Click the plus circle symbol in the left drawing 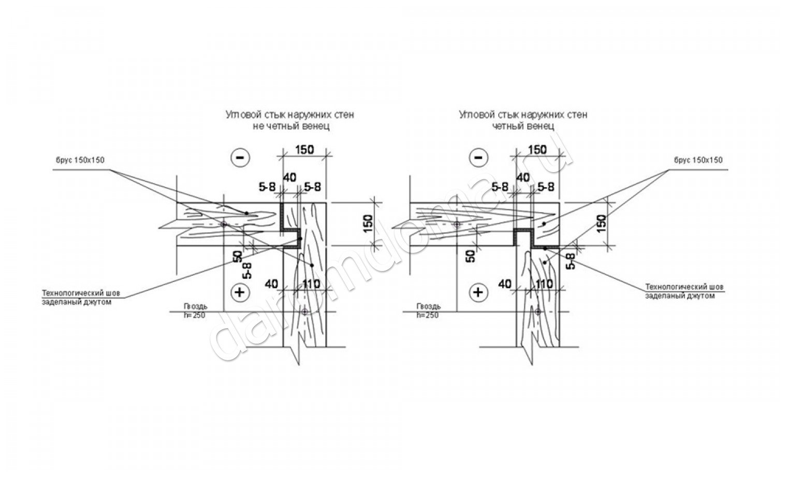(240, 292)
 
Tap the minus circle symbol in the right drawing (478, 157)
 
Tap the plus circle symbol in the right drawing (478, 292)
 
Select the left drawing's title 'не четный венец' (290, 126)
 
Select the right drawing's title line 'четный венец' (523, 126)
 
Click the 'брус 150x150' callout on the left (80, 160)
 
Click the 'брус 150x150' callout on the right (698, 160)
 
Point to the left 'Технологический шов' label (83, 294)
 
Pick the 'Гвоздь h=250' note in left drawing (194, 311)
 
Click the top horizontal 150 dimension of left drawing (304, 150)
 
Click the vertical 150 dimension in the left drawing (368, 223)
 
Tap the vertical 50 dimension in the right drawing (470, 256)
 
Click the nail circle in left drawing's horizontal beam (224, 225)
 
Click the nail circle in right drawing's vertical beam (538, 312)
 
